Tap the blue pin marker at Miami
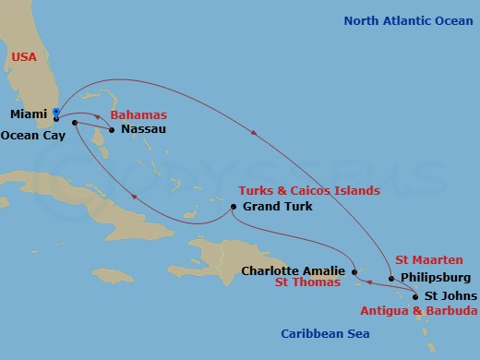56,114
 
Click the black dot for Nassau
111,130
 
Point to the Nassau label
143,130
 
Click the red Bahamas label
138,114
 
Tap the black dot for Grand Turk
234,206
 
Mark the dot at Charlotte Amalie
355,271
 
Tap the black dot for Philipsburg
392,278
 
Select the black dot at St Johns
414,296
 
